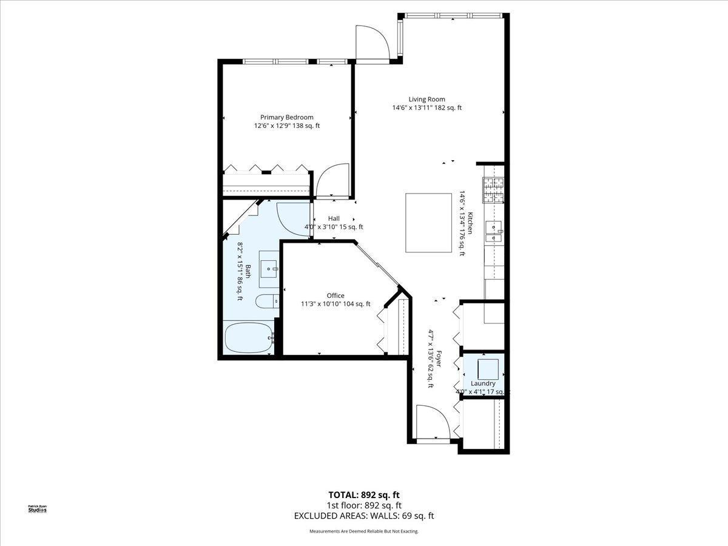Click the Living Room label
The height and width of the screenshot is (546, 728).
tap(426, 99)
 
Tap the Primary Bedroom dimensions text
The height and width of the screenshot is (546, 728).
tap(286, 126)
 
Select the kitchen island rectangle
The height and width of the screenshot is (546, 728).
tap(429, 223)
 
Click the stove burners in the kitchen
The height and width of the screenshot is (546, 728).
tap(493, 189)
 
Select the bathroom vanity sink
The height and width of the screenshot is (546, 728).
tap(269, 267)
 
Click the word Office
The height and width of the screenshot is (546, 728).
tap(335, 296)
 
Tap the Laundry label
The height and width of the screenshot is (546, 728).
tap(483, 383)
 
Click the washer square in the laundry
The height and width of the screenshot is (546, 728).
tap(488, 368)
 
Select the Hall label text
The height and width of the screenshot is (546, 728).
tap(334, 218)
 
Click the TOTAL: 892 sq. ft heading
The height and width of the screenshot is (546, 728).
tap(364, 494)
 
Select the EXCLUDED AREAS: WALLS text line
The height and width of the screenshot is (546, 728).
tap(364, 516)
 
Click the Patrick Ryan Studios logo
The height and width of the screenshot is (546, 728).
tap(38, 508)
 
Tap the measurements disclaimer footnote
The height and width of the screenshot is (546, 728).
tap(364, 531)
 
